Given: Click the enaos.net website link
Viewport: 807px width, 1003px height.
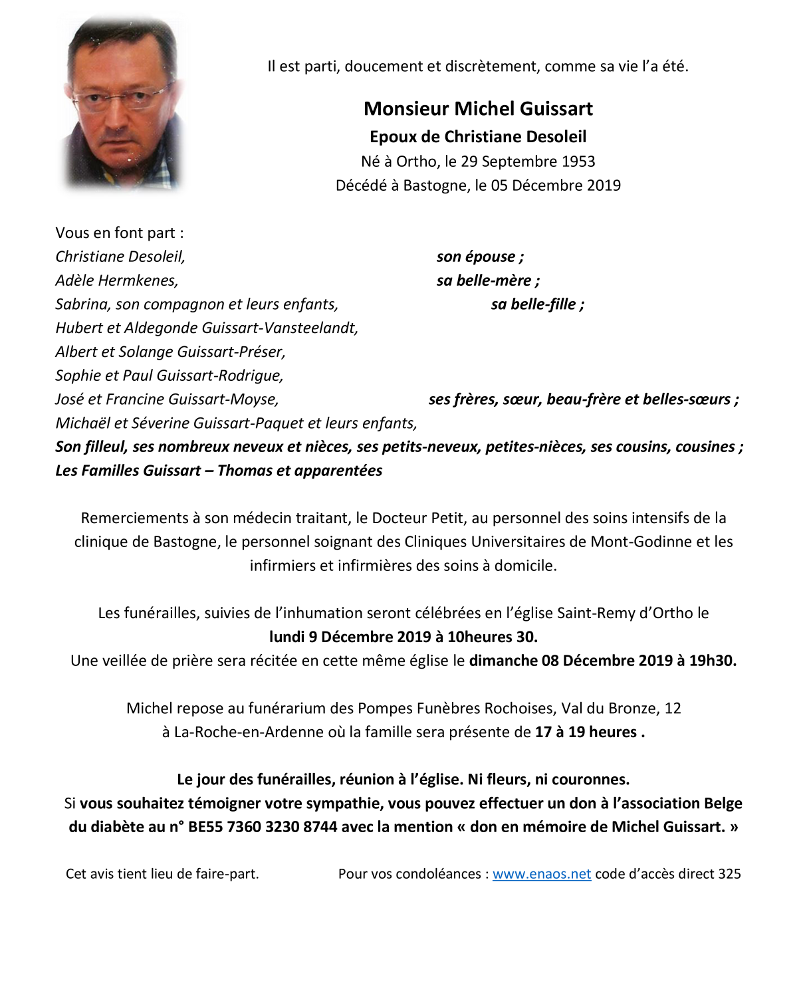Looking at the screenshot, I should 541,874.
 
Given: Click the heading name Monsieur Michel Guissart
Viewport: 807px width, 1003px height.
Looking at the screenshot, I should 478,109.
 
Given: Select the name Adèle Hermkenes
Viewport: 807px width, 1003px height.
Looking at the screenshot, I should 117,280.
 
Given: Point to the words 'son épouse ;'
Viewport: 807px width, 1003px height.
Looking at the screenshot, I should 480,257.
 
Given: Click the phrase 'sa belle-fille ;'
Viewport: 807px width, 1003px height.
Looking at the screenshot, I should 537,304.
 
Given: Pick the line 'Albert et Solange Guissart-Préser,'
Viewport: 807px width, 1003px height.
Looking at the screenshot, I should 170,352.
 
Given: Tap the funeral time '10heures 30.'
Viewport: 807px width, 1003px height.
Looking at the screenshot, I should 492,637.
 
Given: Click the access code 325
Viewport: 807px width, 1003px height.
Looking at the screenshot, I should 729,874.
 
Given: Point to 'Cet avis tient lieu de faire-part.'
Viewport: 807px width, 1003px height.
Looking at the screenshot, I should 162,874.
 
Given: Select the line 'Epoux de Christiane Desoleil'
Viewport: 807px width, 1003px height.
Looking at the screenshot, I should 478,137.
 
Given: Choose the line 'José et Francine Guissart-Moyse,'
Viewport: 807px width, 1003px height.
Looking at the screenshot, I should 167,399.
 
